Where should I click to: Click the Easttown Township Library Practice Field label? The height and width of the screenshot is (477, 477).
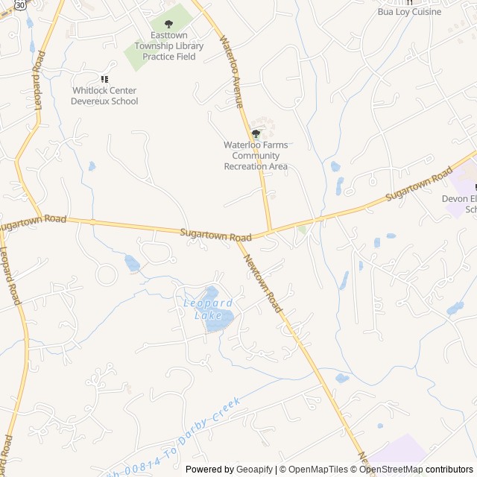tap(169, 45)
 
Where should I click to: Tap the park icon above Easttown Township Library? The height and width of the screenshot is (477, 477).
tap(169, 25)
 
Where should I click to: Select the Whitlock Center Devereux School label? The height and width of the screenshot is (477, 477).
tap(105, 96)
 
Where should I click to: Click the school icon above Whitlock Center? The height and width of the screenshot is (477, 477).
tap(105, 79)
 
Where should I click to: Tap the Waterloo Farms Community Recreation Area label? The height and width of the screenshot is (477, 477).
tap(256, 156)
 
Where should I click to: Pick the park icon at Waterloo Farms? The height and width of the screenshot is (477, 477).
tap(256, 134)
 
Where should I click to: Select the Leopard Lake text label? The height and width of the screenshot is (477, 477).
tap(208, 309)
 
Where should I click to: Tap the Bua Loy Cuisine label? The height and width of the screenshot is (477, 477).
tap(409, 12)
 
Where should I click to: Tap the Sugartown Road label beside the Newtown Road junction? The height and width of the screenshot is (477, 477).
tap(215, 235)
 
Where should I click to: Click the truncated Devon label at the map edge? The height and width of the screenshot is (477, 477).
tap(459, 199)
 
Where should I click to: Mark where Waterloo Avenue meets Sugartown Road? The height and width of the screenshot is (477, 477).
tap(270, 230)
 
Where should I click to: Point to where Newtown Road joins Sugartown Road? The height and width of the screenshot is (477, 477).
tap(238, 238)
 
